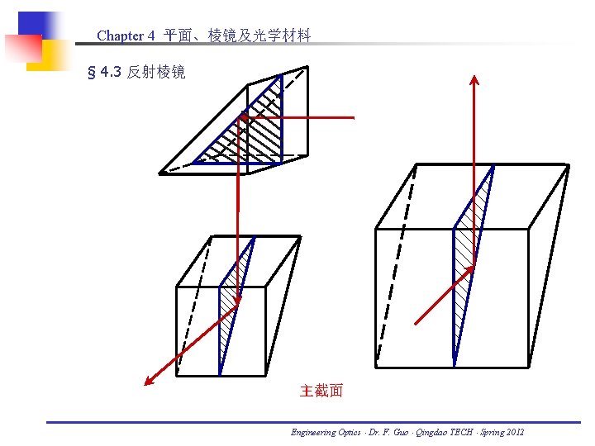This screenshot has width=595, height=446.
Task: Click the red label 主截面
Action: [x=321, y=391]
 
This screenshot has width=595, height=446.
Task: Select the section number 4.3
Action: [x=110, y=73]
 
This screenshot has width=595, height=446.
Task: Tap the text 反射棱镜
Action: [x=156, y=73]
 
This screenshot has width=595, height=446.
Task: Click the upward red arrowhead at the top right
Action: [x=474, y=80]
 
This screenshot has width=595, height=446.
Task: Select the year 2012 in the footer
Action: [x=512, y=432]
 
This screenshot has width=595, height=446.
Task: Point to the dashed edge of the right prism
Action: [x=397, y=264]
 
